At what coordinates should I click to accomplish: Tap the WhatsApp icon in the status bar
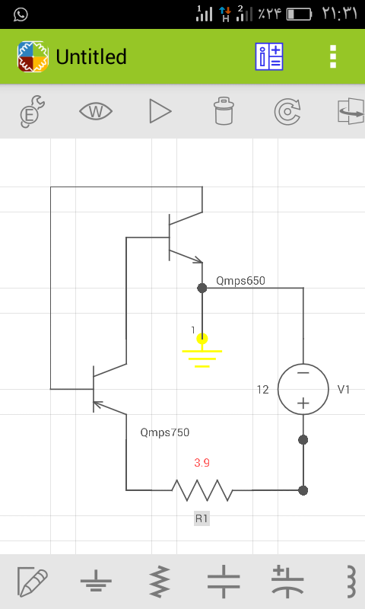(x=21, y=14)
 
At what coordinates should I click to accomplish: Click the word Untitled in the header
(x=91, y=56)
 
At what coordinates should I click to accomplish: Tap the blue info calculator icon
(x=268, y=56)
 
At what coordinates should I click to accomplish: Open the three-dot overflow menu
(x=333, y=56)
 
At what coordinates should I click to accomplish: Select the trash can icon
(x=224, y=111)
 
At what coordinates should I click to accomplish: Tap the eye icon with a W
(x=96, y=111)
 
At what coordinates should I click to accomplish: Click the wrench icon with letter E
(x=33, y=111)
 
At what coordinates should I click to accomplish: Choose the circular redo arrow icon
(x=287, y=112)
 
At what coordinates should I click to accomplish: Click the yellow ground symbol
(x=202, y=352)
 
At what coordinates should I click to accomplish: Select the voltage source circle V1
(x=303, y=389)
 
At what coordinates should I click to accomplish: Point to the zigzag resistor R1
(x=202, y=490)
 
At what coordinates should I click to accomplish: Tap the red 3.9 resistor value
(x=202, y=463)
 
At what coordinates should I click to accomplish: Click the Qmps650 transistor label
(x=240, y=281)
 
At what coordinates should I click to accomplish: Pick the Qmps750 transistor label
(x=165, y=432)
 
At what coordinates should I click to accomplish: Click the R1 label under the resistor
(x=202, y=518)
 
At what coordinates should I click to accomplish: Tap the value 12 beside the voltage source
(x=262, y=390)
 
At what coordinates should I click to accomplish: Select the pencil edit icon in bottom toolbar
(x=33, y=582)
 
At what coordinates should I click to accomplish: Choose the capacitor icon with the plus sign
(x=287, y=582)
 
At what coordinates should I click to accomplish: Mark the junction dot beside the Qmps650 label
(x=202, y=289)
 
